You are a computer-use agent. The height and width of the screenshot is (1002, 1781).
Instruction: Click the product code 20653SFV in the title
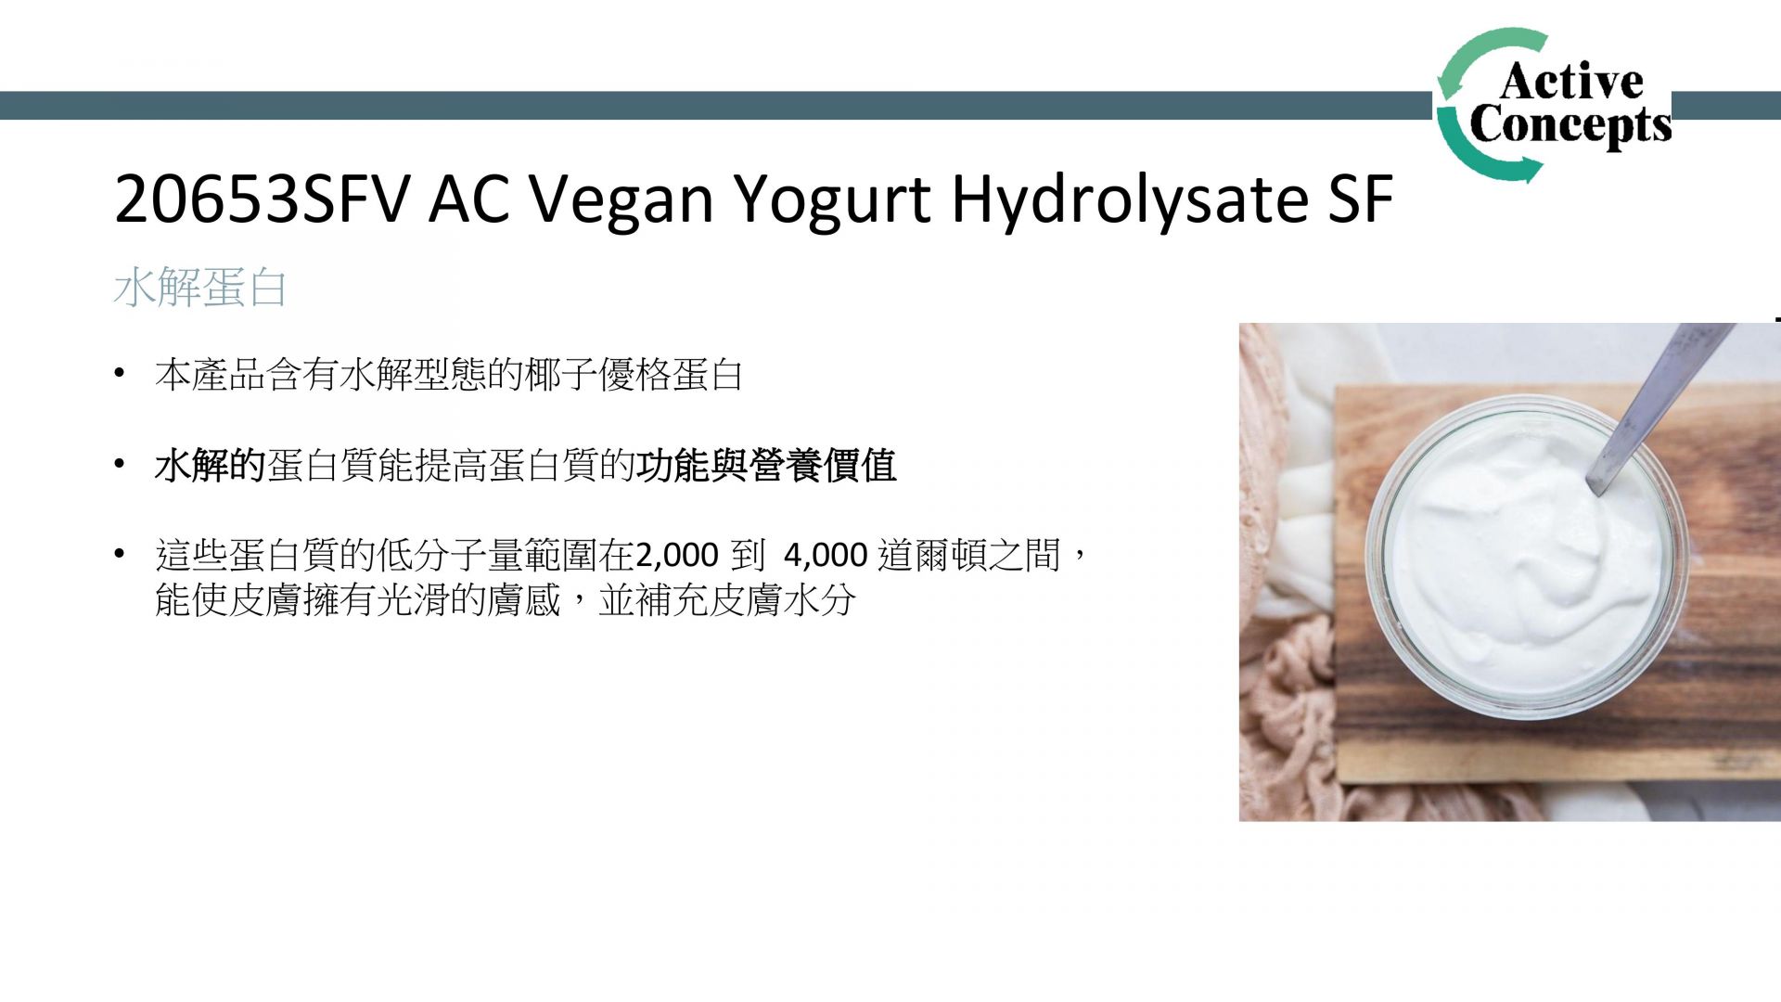click(262, 199)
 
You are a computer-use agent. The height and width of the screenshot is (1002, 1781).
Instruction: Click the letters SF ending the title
click(1361, 199)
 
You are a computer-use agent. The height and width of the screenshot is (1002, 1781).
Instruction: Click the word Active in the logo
click(1571, 81)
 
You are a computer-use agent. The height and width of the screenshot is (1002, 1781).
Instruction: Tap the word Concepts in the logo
click(1570, 125)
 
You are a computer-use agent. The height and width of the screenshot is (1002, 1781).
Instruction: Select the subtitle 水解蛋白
click(200, 287)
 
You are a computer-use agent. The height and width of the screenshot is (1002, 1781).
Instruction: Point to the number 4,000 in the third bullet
click(826, 555)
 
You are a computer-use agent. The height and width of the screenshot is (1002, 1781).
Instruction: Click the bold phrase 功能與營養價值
click(766, 466)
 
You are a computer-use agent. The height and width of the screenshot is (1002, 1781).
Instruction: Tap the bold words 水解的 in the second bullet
click(211, 466)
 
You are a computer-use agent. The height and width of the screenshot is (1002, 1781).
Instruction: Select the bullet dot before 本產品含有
click(119, 374)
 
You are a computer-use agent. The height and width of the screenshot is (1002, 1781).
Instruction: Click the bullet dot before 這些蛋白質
click(119, 555)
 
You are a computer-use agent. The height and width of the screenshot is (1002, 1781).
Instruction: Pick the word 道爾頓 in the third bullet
click(933, 555)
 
